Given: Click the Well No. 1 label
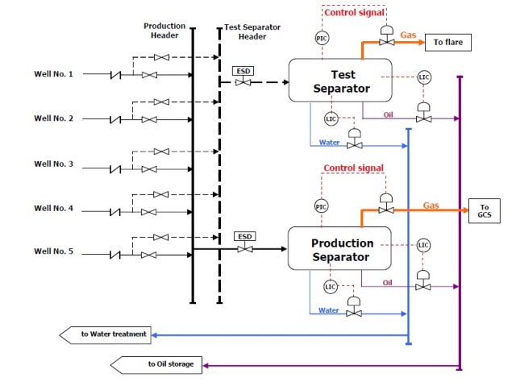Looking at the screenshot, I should tap(53, 75).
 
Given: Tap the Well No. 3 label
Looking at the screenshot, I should tap(53, 164).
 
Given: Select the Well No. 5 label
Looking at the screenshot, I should tap(53, 252).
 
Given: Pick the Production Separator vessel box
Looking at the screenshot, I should tap(342, 249).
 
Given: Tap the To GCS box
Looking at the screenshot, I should tap(485, 211).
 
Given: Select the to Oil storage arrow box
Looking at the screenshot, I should tap(161, 364).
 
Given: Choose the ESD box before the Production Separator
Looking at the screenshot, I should tap(243, 236).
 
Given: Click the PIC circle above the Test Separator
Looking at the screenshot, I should tap(322, 38).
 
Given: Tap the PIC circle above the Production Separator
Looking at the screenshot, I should tap(322, 206).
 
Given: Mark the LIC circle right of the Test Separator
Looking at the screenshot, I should tap(425, 77).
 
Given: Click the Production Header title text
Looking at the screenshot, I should tap(165, 31).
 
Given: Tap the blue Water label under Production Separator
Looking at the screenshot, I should tap(328, 309).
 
